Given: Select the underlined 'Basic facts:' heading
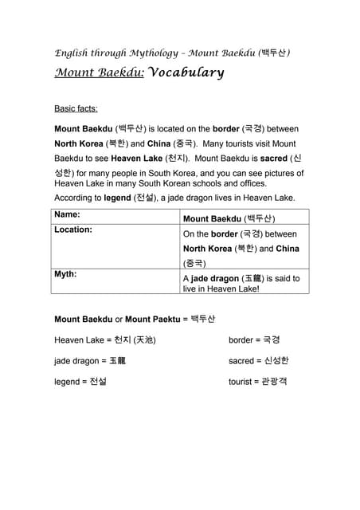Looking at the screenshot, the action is pos(76,108).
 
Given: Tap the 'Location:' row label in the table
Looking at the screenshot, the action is pos(73,229).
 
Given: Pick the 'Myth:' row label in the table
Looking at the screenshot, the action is pos(65,274).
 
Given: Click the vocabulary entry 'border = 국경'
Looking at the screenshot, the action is pos(254,339).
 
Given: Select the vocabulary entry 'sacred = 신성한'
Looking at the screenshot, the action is pos(258,360).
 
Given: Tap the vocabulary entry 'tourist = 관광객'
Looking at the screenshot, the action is pos(257,381).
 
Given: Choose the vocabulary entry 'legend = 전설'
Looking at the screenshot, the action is pos(80,381).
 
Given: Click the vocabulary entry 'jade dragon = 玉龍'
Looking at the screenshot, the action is pos(90,360).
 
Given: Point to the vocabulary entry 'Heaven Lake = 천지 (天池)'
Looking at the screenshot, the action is pos(104,339).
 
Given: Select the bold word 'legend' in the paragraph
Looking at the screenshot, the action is pos(117,198).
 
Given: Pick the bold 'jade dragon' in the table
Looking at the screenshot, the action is pos(214,278).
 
